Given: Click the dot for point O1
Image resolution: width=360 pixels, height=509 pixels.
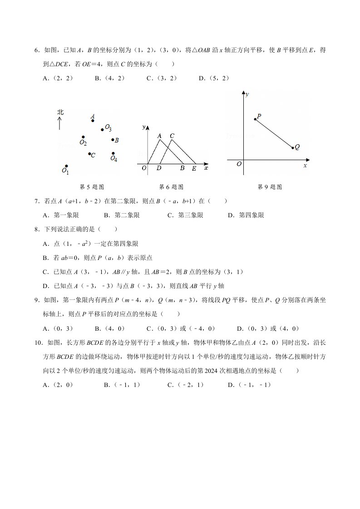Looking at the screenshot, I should click(x=66, y=166).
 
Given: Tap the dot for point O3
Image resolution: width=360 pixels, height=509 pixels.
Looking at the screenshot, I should click(x=103, y=130).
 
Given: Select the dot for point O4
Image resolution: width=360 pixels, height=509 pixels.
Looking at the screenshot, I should click(x=113, y=153).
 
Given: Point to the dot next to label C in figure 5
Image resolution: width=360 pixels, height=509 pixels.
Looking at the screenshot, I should click(x=89, y=154).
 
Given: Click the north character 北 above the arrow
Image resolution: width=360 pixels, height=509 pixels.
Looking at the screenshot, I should click(x=60, y=112).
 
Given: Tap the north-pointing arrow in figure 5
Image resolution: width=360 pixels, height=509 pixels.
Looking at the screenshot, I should click(x=60, y=123).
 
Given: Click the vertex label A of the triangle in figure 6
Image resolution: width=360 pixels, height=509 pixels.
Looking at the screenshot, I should click(x=159, y=135).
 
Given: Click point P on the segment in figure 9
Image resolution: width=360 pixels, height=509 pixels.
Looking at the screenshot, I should click(x=255, y=119).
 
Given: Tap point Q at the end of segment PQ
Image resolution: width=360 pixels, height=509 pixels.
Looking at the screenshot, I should click(x=293, y=147).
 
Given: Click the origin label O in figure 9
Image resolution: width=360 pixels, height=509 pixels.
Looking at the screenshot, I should click(x=239, y=164).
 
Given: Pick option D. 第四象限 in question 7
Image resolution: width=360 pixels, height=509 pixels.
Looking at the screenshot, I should click(x=246, y=215).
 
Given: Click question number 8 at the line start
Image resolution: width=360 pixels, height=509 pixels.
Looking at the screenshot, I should click(x=36, y=230).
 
